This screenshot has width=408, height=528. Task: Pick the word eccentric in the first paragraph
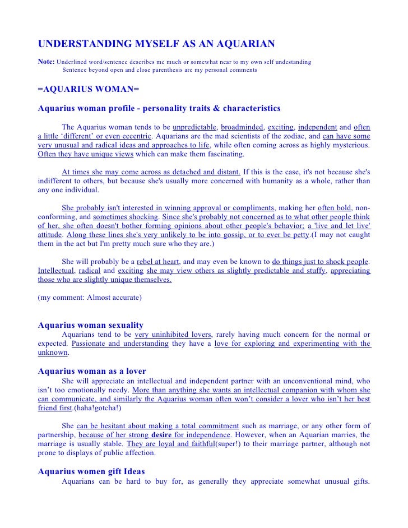point(135,136)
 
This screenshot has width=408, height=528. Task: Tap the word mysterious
point(348,145)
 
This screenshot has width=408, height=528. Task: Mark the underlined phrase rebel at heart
point(159,261)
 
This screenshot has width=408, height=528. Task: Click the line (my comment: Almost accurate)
point(90,298)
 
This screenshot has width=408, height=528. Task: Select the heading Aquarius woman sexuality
point(90,325)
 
